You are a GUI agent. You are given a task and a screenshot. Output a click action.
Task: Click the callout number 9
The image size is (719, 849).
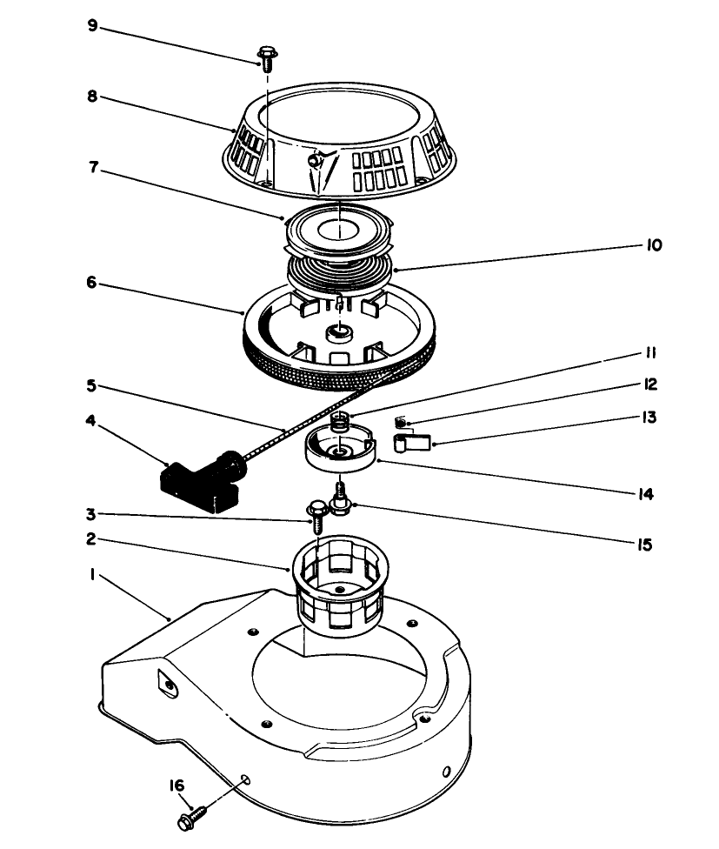point(92,26)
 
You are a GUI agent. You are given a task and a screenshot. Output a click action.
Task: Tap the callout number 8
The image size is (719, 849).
point(92,97)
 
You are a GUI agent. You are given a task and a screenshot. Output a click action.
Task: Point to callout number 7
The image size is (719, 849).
point(92,171)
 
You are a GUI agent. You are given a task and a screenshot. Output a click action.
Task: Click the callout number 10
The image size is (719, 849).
point(654,246)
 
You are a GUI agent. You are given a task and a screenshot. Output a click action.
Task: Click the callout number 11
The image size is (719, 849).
point(650,353)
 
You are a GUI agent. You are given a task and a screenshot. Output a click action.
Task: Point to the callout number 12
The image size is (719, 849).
point(650,384)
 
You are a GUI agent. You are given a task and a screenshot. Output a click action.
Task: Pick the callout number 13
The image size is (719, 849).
point(650,417)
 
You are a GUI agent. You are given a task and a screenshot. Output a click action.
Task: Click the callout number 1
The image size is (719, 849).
point(92,575)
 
